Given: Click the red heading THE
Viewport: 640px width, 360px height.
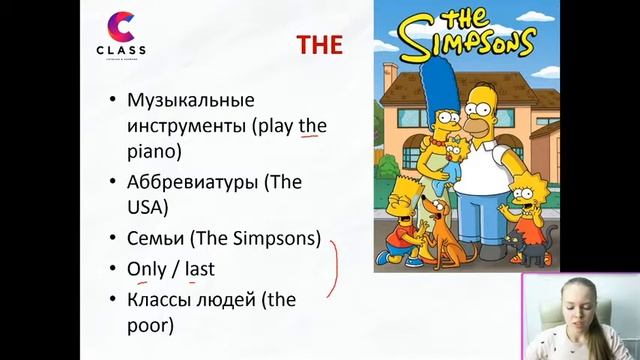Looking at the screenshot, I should pyautogui.click(x=320, y=45).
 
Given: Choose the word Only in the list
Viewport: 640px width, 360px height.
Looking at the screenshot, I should pyautogui.click(x=146, y=269).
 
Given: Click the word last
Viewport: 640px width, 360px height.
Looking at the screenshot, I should pyautogui.click(x=199, y=269).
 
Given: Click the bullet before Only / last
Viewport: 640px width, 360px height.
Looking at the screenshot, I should pyautogui.click(x=112, y=270).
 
